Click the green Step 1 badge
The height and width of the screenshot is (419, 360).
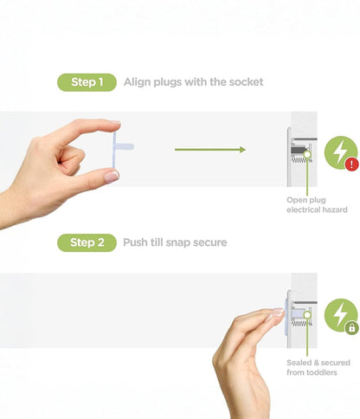tap(87, 82)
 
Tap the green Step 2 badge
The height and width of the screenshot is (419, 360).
tap(87, 242)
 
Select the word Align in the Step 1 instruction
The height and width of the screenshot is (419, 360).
tap(137, 82)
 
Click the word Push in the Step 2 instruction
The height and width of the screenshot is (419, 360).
tap(135, 242)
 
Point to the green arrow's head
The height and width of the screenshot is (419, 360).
tap(242, 150)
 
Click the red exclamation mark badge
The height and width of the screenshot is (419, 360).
tap(352, 164)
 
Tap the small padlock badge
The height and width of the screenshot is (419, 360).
tap(352, 328)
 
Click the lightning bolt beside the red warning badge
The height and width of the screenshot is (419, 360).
tap(340, 151)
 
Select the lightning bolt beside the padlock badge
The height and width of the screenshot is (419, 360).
tap(340, 314)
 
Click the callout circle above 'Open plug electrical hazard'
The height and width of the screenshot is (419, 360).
tap(307, 154)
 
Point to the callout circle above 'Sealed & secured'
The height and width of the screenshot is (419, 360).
tap(307, 315)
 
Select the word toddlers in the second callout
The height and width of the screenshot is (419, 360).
tap(321, 372)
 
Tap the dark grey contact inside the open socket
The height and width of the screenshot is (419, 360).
tap(298, 150)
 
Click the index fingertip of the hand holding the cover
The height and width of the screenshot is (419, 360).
tap(115, 122)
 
